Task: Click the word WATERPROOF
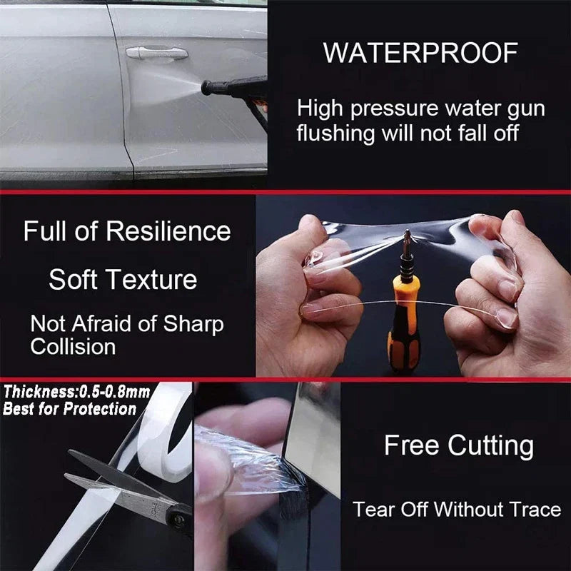coord(420,53)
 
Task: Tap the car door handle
coord(157,53)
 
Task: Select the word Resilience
coord(168,231)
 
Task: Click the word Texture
coord(153,280)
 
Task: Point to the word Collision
coord(73,346)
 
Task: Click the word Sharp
coord(193,324)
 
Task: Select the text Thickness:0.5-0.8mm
coord(77,392)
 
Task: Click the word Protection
coord(100,408)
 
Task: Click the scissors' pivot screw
coord(178,518)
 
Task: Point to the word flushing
coord(335,133)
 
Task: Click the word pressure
coord(394,110)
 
